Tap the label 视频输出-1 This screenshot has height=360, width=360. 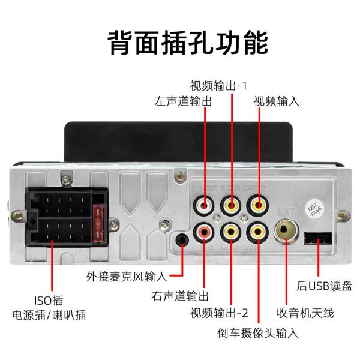218,85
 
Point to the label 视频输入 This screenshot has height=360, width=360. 276,101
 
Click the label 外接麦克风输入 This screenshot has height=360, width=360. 125,277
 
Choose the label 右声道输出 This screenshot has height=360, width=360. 180,296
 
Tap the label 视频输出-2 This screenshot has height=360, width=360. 219,313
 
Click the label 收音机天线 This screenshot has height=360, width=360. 305,313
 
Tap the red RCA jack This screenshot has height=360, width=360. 204,231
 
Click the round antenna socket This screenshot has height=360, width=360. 286,230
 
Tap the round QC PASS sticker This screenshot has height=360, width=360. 314,208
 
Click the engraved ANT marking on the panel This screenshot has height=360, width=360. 284,211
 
